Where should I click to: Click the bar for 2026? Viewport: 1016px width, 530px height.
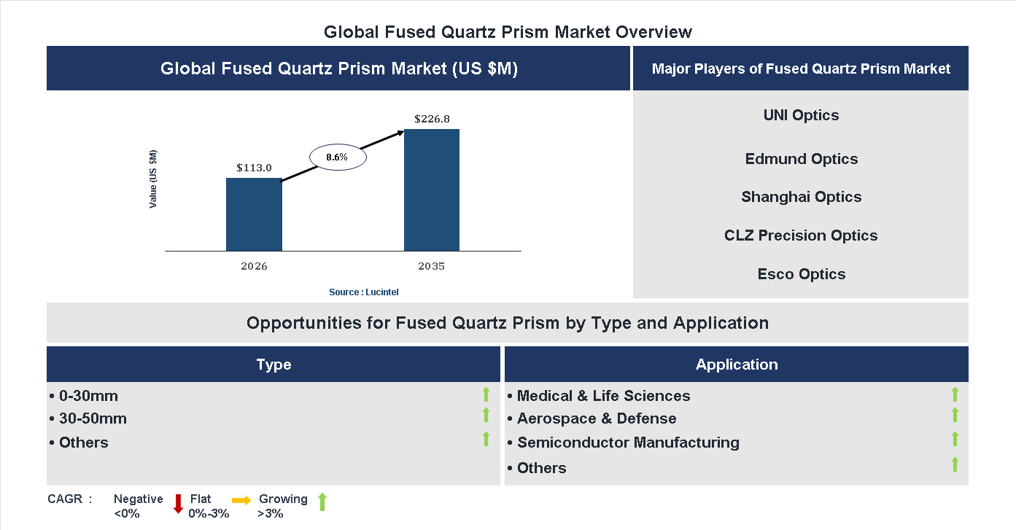tap(254, 214)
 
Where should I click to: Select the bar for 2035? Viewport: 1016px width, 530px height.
tap(432, 190)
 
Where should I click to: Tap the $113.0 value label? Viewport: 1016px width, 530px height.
tap(254, 168)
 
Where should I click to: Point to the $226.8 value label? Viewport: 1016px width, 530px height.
tap(432, 118)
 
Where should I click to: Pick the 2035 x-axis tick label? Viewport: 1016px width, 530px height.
tap(432, 266)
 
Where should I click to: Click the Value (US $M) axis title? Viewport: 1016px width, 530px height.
tap(153, 179)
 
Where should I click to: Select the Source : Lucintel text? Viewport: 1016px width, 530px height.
tap(364, 292)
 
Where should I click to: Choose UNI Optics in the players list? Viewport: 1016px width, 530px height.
tap(801, 115)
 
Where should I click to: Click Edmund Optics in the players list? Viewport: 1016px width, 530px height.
tap(801, 159)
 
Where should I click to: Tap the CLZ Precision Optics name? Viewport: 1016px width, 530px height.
tap(801, 235)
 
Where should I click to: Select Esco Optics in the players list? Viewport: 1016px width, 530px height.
tap(801, 274)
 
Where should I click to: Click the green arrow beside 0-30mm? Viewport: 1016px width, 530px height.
tap(486, 394)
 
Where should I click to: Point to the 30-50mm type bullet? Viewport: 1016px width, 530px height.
tap(88, 418)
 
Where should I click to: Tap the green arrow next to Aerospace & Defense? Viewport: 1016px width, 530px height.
tap(955, 415)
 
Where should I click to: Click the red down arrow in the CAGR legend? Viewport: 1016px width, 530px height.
tap(178, 504)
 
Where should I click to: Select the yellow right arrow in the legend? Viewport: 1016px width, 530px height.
tap(241, 500)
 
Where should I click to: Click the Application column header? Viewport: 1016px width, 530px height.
tap(736, 365)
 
